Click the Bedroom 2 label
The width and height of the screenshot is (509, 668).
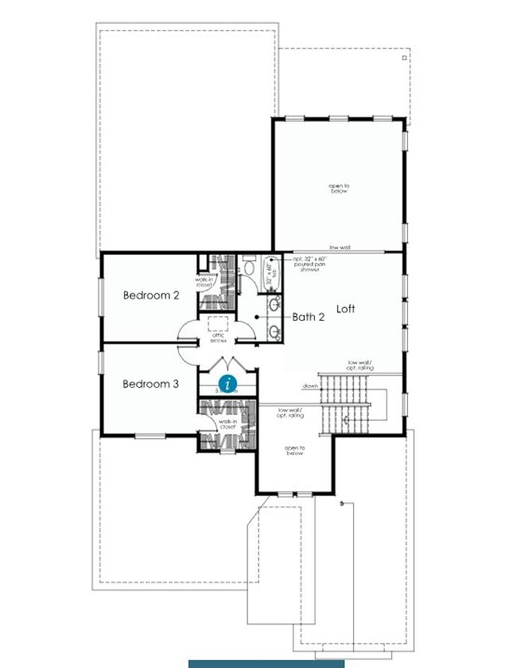point(151,295)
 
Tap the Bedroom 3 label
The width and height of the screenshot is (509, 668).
point(150,384)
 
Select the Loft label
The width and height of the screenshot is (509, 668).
point(345,308)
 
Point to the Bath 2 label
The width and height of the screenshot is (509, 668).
point(309,317)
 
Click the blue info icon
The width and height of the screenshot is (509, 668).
point(228,384)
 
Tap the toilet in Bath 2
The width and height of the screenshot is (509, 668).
point(248,269)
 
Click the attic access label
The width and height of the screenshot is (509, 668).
point(219,338)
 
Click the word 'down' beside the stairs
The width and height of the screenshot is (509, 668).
point(310,386)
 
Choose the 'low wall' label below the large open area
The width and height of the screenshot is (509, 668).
point(340,248)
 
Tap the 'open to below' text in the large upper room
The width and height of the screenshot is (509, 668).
point(340,189)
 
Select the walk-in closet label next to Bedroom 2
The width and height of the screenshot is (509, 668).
point(207,281)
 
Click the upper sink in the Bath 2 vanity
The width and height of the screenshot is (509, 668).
point(275,303)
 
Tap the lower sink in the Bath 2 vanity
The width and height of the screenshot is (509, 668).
point(275,330)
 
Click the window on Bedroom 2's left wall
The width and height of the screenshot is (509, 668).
point(100,296)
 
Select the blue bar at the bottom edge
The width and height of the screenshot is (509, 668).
point(266,663)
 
